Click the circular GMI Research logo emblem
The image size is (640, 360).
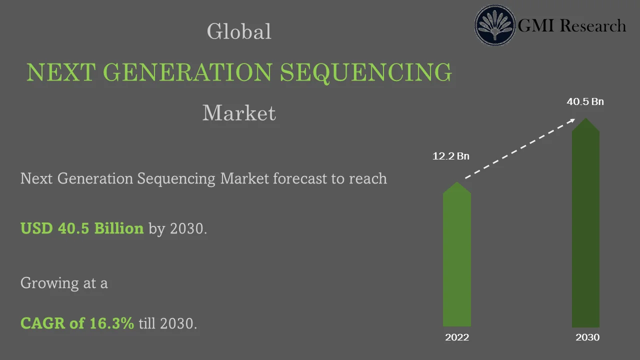(x=494, y=25)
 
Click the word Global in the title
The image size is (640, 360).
(x=239, y=32)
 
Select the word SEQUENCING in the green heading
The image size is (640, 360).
(x=365, y=72)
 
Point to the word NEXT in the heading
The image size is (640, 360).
(x=60, y=72)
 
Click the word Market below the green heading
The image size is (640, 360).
(x=239, y=113)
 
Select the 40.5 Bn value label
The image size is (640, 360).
(x=585, y=102)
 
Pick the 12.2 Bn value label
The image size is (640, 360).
(x=451, y=156)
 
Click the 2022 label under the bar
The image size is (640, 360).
(x=457, y=337)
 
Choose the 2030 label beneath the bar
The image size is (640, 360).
(x=587, y=337)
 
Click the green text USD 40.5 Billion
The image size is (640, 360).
(x=82, y=228)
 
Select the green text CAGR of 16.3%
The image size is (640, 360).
(x=77, y=323)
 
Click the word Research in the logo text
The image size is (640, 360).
(x=592, y=25)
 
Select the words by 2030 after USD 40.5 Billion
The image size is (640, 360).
(x=177, y=229)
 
